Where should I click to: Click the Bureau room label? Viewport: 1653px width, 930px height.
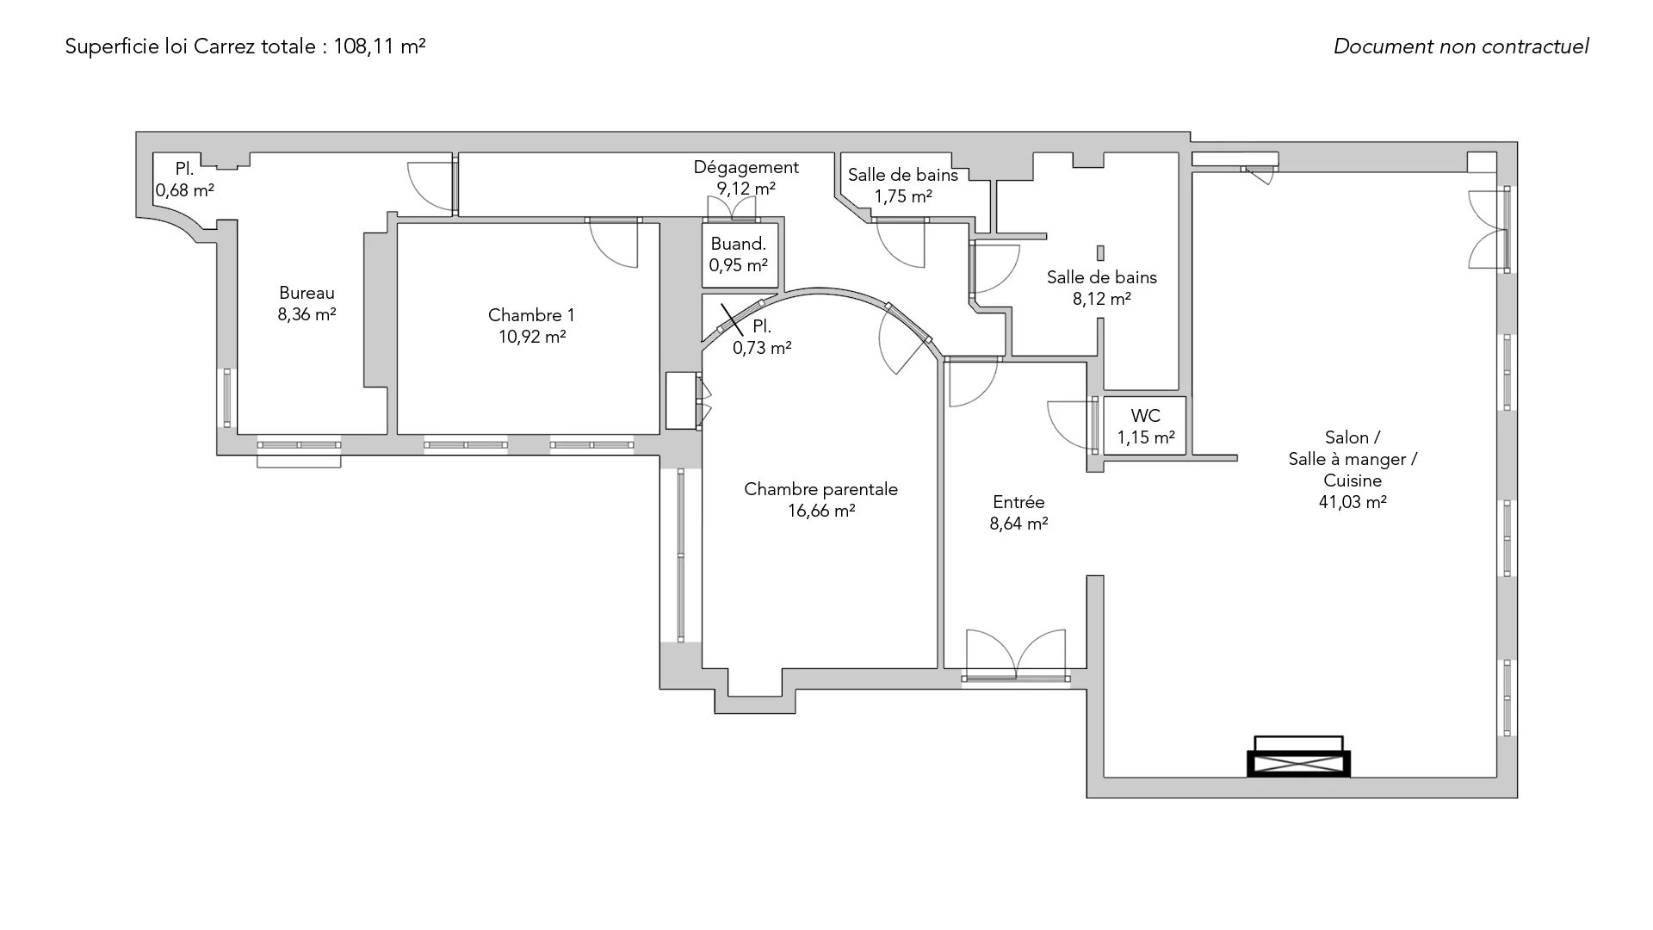(306, 294)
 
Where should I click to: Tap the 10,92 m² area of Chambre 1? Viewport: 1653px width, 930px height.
(531, 337)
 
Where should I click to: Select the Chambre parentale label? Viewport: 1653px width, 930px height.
(820, 489)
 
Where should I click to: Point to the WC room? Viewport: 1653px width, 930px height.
(1145, 426)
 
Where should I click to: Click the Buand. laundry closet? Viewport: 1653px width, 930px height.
(739, 255)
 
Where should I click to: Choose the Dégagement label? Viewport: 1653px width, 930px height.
(746, 167)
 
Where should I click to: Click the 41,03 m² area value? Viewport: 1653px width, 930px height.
(1352, 502)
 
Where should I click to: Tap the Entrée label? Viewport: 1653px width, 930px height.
(1018, 502)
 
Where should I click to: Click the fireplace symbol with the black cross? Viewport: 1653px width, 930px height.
(1298, 763)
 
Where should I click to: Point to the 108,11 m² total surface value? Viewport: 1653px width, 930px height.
(379, 46)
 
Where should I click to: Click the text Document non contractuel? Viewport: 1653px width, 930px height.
(1460, 46)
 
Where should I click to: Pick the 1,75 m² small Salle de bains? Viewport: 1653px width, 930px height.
(902, 186)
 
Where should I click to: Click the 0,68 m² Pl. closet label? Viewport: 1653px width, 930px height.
(184, 180)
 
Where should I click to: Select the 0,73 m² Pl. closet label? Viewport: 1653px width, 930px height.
(762, 338)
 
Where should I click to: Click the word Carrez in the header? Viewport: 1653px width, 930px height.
(218, 46)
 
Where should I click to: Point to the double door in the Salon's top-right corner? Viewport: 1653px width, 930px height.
(1489, 231)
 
